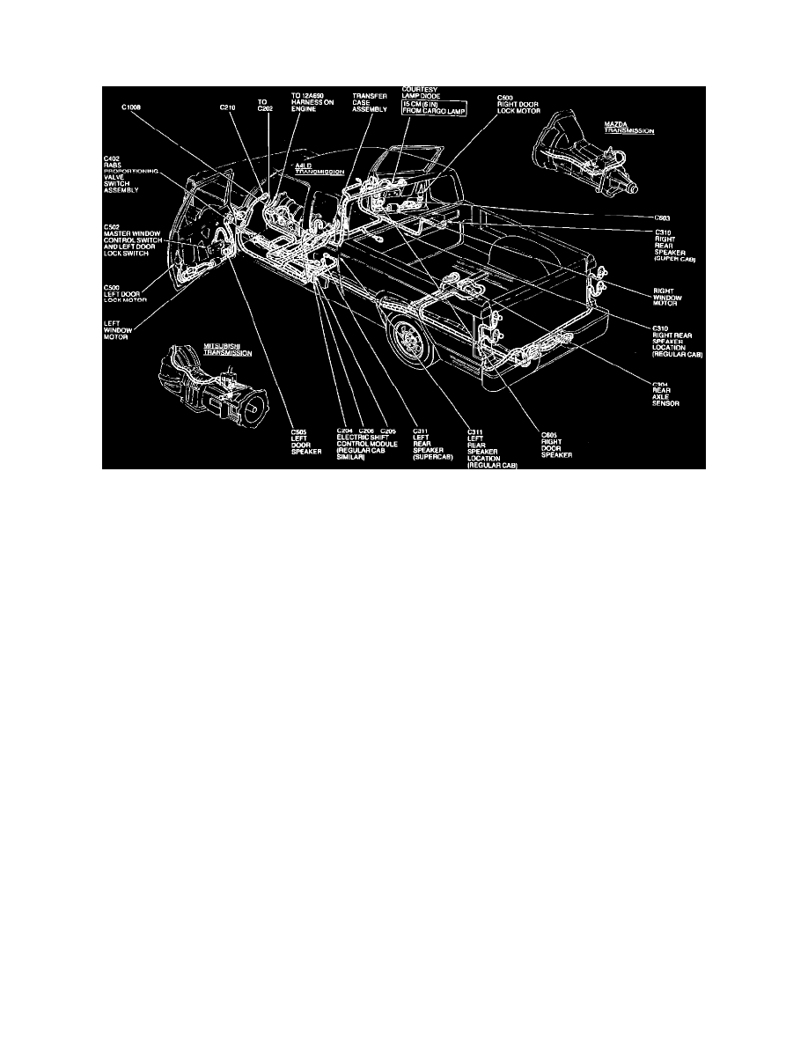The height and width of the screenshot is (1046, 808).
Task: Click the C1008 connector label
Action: tap(132, 107)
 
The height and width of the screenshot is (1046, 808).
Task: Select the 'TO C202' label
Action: tap(262, 107)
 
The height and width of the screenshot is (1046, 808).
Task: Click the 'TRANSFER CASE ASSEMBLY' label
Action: tap(369, 102)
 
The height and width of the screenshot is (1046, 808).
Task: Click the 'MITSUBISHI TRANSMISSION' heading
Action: tap(227, 350)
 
